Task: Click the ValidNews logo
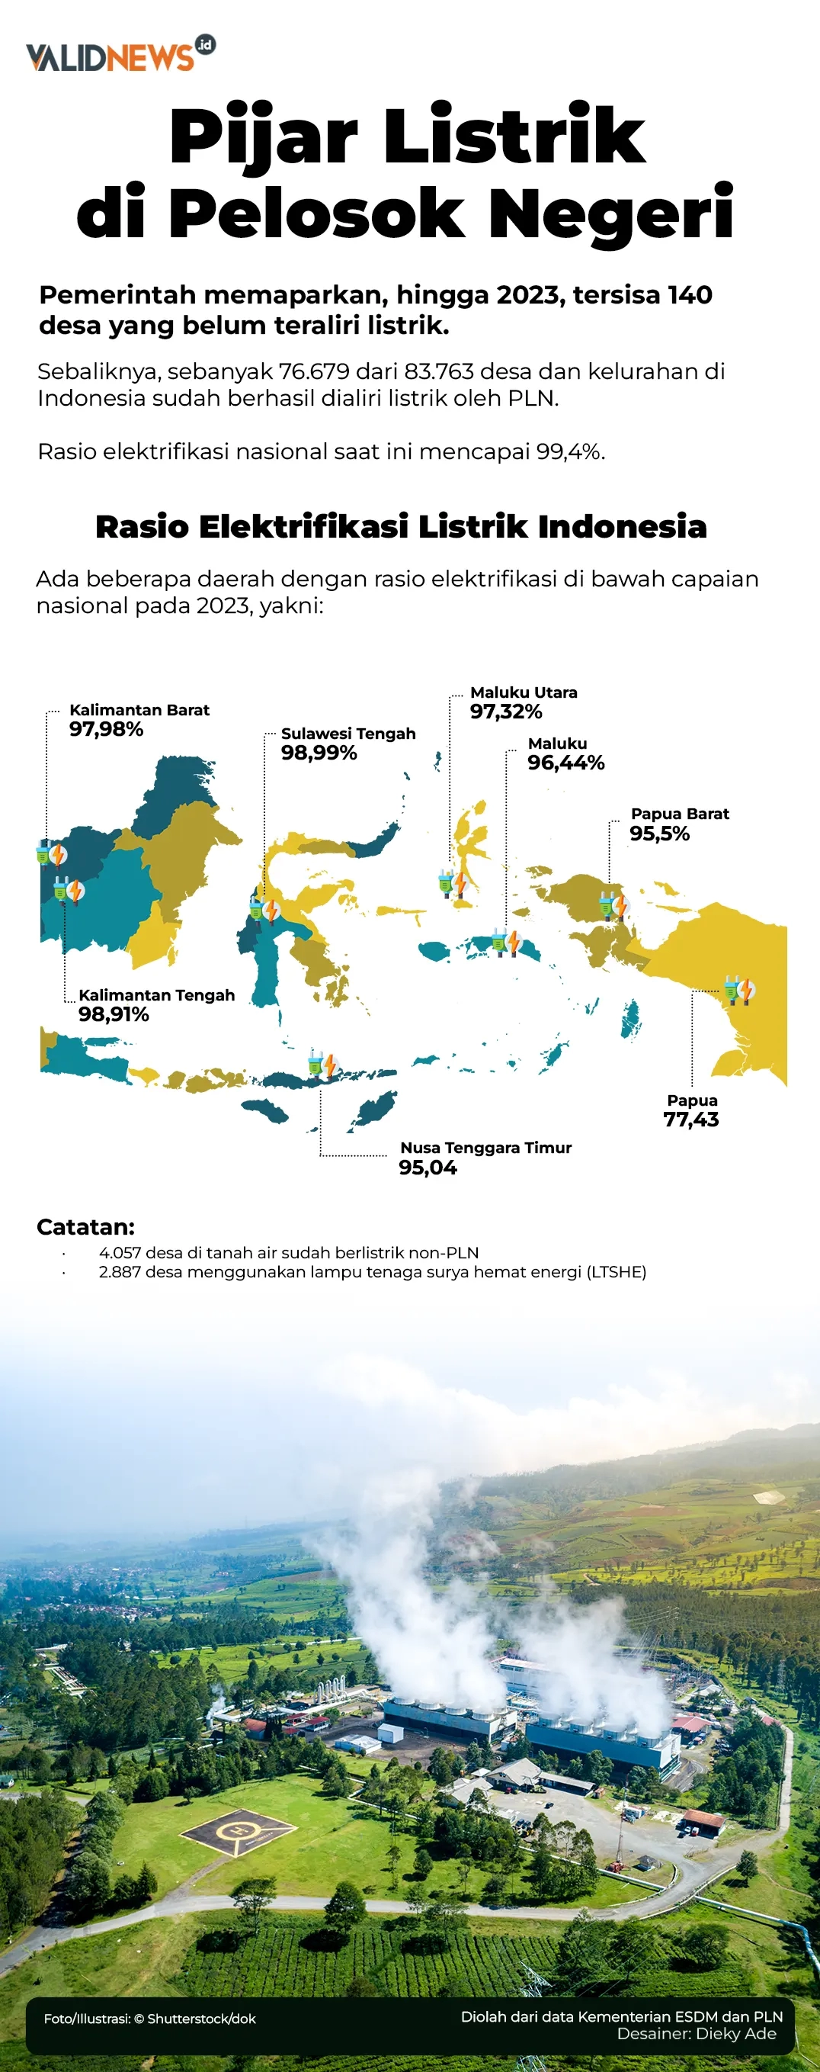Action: [120, 55]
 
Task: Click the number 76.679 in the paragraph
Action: [314, 371]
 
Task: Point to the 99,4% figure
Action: [569, 452]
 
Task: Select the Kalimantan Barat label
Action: [139, 710]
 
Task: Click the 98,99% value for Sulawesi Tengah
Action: [319, 753]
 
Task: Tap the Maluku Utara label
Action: [524, 692]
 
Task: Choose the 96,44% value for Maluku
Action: [565, 763]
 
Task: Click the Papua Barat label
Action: [679, 814]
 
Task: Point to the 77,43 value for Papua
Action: [690, 1120]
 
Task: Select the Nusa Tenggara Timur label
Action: [485, 1148]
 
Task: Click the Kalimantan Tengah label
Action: [157, 995]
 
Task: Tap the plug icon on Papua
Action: [738, 988]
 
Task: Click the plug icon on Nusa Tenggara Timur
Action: [322, 1064]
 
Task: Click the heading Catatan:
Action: [85, 1228]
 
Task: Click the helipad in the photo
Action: [238, 1832]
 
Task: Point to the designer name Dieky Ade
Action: [735, 2033]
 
